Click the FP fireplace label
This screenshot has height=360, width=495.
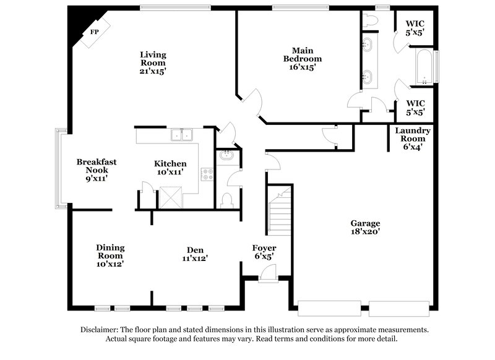click(95, 32)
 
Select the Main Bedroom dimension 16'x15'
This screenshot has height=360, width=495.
click(303, 67)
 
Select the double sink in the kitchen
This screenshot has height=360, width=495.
click(182, 135)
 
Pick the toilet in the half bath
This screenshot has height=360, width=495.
click(226, 200)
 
